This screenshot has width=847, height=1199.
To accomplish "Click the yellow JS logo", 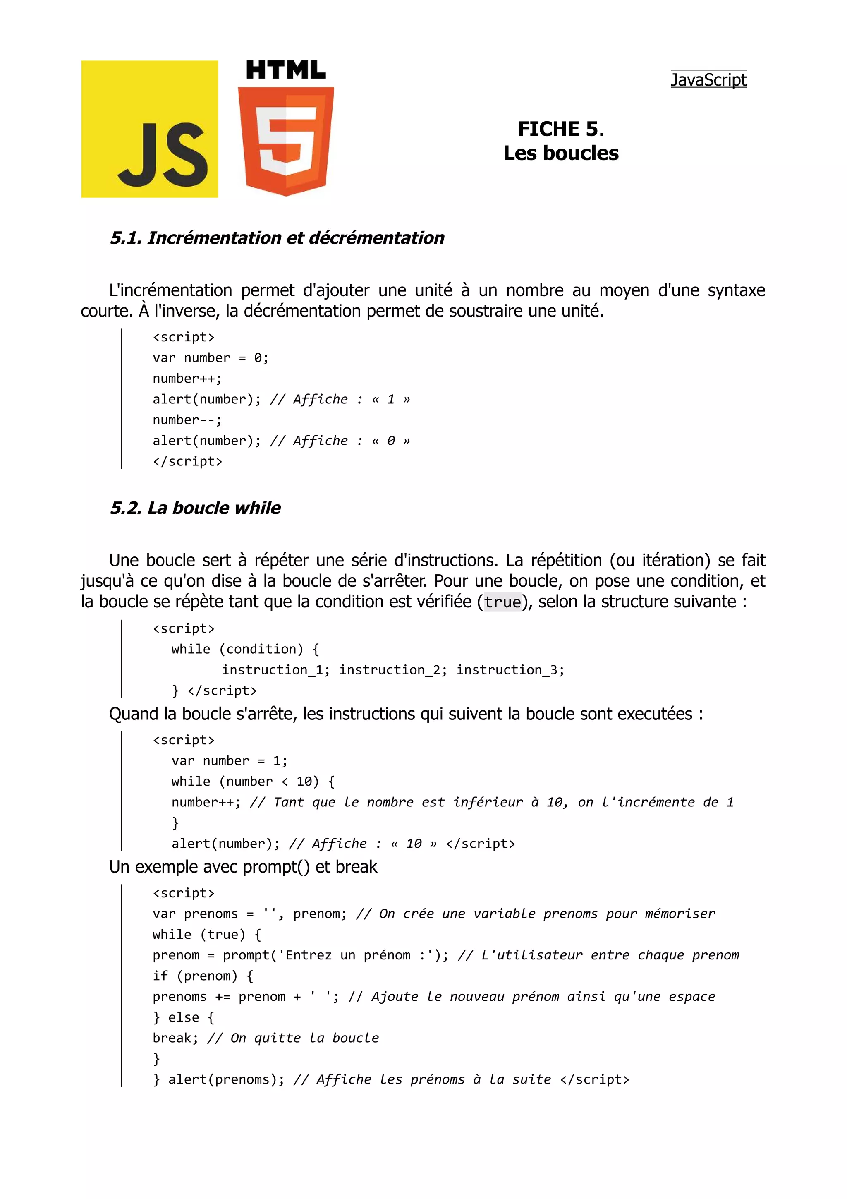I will tap(149, 129).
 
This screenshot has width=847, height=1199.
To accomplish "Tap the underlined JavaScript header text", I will tap(708, 80).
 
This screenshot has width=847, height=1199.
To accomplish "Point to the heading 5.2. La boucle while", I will tap(195, 508).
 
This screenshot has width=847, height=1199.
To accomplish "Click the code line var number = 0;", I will tap(211, 358).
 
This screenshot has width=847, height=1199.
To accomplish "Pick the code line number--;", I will tap(187, 420).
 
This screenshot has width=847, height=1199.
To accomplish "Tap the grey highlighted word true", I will tap(502, 602).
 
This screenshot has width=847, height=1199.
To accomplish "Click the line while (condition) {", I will tap(245, 649).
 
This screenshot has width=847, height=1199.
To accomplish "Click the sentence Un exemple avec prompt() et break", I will tap(243, 867).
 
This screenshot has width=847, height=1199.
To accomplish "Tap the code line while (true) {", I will tap(207, 935).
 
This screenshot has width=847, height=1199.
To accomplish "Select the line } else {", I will tap(183, 1018).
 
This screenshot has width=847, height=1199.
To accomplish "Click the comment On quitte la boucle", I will tap(304, 1038).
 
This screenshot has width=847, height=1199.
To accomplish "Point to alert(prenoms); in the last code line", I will tap(225, 1079).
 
